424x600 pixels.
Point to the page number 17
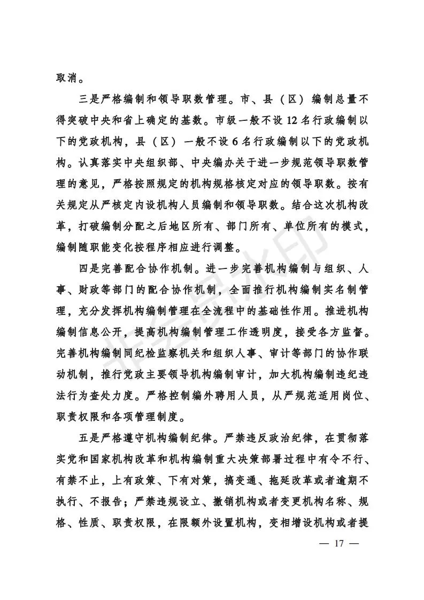(338, 544)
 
